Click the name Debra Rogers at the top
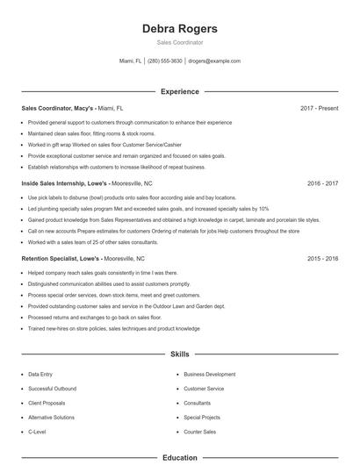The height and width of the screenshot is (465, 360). (x=179, y=28)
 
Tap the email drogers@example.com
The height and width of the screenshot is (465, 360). (x=213, y=61)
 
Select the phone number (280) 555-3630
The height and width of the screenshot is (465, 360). (x=165, y=61)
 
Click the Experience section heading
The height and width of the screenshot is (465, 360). (x=179, y=91)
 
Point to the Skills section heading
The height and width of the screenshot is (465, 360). (x=179, y=354)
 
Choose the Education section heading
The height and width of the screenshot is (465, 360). (x=179, y=457)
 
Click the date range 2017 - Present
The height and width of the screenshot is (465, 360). (x=319, y=108)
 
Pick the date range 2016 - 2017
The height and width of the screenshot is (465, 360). (x=322, y=184)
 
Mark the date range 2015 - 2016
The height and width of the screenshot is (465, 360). (x=322, y=260)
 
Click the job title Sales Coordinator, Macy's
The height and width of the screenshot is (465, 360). (x=57, y=108)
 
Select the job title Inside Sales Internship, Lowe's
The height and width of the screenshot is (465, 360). (x=64, y=184)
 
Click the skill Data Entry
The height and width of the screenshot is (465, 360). (x=40, y=374)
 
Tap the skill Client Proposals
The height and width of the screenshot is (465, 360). (x=46, y=404)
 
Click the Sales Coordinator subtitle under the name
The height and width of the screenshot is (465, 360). (x=179, y=42)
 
